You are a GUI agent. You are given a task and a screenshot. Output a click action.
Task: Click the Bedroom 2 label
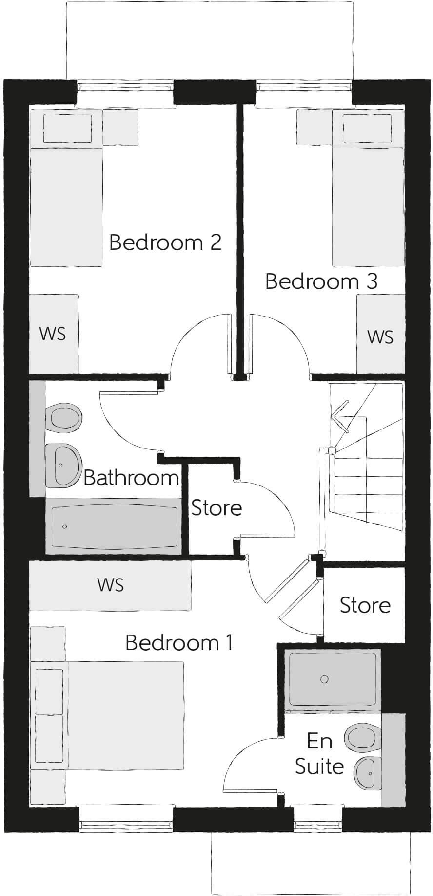pos(165,242)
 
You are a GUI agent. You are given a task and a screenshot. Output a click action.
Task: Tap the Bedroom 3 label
pos(321,281)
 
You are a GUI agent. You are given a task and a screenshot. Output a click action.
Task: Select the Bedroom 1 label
pos(179,642)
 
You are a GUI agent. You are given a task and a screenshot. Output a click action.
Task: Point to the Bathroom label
pos(131,478)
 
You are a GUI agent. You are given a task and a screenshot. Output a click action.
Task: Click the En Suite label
pos(319,754)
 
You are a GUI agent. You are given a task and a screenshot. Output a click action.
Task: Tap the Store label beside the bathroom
pos(216,508)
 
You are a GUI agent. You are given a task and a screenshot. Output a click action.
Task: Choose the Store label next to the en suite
pos(365,605)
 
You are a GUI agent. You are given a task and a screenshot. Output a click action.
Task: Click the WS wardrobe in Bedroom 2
pos(53,334)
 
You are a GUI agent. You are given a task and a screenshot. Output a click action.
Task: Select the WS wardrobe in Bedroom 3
pos(380,336)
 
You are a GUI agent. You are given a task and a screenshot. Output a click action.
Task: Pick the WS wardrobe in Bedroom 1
pos(110,585)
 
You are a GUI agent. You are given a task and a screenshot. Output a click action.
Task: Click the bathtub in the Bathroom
pos(114,526)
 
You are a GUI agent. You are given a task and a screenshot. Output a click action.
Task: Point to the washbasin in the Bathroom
pos(63,465)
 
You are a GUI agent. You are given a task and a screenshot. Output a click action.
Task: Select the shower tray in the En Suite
pos(333,679)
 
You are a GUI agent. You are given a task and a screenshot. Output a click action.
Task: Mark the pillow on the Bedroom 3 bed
pos(367,128)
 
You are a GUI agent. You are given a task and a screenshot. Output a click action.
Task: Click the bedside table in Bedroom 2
pos(120,127)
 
